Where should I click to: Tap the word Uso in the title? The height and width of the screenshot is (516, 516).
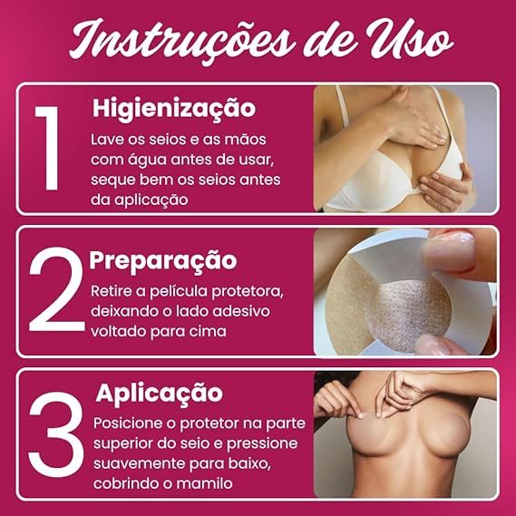pos(410,39)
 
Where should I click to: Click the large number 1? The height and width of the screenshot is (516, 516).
pos(48,148)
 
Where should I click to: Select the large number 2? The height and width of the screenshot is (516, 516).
pos(56,289)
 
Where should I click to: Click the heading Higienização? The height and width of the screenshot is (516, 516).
pos(174,109)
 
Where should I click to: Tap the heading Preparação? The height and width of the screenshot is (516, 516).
pos(163,261)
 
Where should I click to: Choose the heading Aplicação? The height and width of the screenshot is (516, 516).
pos(160,394)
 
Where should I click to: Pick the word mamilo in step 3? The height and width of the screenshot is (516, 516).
pos(205,483)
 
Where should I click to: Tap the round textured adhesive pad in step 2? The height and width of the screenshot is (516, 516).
pos(410,315)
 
